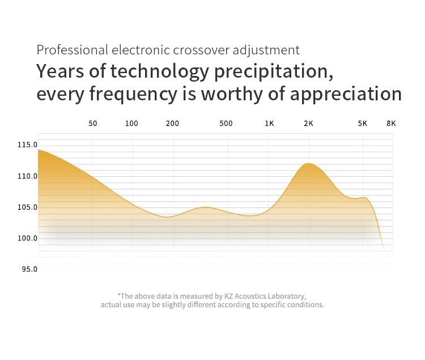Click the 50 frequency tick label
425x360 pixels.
click(x=93, y=123)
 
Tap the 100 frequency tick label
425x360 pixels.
click(x=131, y=123)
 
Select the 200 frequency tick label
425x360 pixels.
click(x=172, y=123)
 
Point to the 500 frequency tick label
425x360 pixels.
click(x=226, y=123)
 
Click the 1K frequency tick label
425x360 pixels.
click(x=269, y=123)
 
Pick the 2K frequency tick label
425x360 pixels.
click(x=308, y=123)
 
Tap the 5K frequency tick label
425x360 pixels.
click(x=362, y=123)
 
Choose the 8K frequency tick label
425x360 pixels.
click(x=390, y=123)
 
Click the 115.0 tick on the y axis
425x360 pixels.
click(x=27, y=145)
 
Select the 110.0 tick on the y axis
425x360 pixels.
click(x=27, y=176)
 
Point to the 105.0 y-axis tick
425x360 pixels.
click(x=27, y=207)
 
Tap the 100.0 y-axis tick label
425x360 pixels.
click(x=27, y=238)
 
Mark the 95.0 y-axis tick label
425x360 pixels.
click(x=29, y=269)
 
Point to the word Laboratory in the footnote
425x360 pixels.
click(x=286, y=296)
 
